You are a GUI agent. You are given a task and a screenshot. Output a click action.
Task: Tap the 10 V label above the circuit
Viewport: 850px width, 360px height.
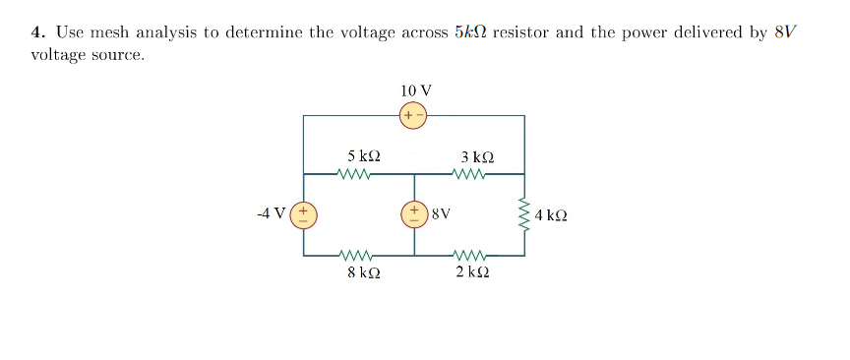tap(415, 90)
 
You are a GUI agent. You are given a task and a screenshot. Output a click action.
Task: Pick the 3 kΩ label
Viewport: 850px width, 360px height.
tap(477, 155)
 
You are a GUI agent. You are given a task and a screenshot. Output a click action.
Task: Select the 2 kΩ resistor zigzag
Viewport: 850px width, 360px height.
tap(468, 255)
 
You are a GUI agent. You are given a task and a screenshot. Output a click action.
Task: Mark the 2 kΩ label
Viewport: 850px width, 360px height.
tap(473, 272)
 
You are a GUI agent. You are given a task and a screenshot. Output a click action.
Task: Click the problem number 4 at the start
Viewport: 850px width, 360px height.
tap(36, 32)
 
